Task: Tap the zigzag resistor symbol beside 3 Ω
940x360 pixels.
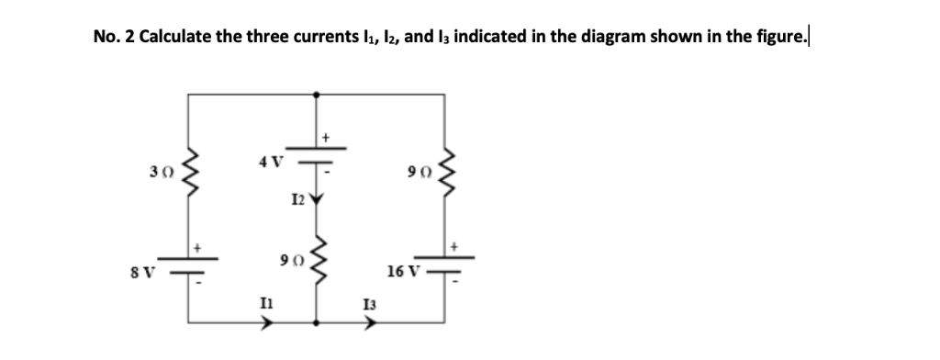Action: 191,171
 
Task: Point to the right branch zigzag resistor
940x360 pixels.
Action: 448,171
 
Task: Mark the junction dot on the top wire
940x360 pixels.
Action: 318,93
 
